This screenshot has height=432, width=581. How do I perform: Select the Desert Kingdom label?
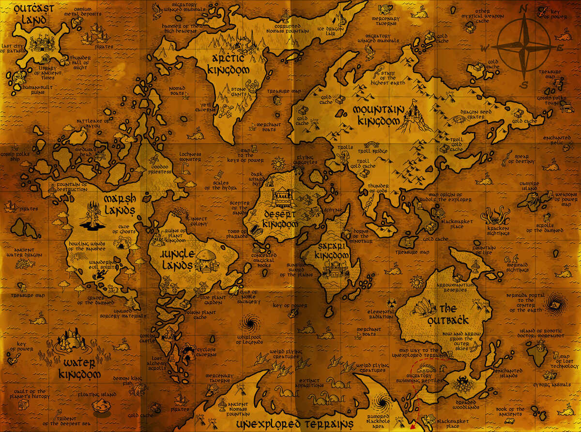coord(281,219)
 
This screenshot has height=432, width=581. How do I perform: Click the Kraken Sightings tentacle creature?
coord(497,216)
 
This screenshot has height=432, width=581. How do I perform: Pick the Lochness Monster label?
coord(190,157)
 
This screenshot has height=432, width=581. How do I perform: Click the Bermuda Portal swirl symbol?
coord(552,304)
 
